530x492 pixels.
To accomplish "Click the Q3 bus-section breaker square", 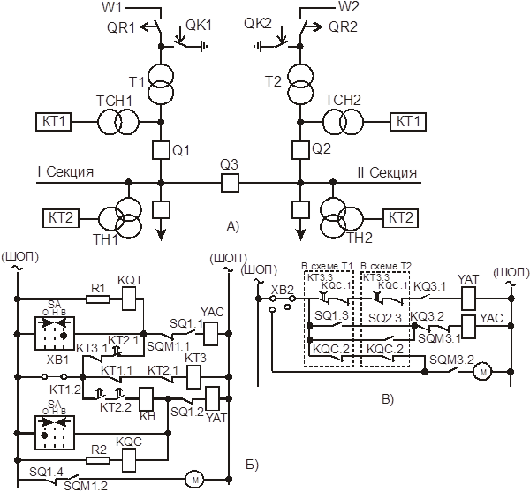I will (231, 182).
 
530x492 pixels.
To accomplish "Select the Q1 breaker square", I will (160, 148).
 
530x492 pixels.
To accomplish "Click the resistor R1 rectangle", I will (98, 298).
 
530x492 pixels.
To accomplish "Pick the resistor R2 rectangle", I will (99, 459).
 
